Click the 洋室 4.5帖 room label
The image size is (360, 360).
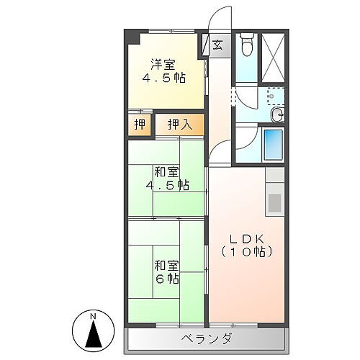click(166, 69)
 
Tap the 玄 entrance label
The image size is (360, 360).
click(217, 45)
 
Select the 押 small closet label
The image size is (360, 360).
click(140, 125)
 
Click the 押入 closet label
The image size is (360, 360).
click(179, 125)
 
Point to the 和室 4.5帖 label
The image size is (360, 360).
click(166, 179)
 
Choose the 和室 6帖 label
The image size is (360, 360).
click(166, 271)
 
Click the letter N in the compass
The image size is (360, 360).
click(93, 318)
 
